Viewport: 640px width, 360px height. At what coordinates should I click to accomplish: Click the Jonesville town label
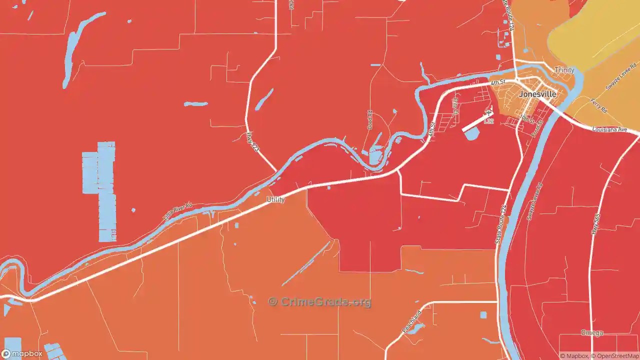pos(537,94)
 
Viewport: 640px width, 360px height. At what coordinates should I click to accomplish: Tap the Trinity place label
pos(564,70)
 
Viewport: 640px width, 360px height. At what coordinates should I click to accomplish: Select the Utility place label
pos(275,199)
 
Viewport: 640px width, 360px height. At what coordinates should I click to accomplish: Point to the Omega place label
pos(592,333)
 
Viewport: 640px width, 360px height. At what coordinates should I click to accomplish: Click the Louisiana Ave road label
pos(609,129)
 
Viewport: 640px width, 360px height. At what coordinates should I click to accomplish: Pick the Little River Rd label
pos(177,212)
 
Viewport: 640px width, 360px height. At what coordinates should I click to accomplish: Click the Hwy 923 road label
pos(253,142)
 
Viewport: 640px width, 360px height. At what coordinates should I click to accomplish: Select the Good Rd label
pos(370,120)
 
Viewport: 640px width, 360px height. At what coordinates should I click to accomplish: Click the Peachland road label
pos(412,322)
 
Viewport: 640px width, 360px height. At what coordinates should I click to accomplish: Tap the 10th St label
pos(527,118)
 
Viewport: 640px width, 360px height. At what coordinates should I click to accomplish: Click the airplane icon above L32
pos(488,113)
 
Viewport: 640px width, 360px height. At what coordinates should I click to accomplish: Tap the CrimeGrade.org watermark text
pos(320,302)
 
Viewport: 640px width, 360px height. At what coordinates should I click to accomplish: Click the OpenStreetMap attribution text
pos(616,356)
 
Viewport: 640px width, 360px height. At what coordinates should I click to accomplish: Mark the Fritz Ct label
pos(455,106)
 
